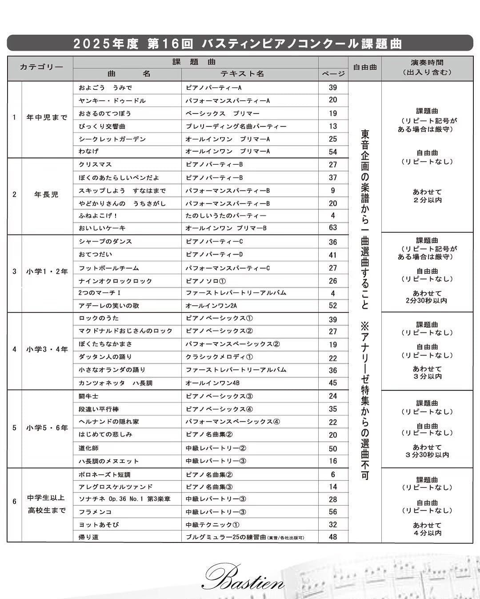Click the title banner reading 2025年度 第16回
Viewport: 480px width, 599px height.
point(240,44)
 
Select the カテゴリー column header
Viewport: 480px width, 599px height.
point(41,68)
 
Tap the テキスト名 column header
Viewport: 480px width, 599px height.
point(242,74)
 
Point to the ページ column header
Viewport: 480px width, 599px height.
point(333,74)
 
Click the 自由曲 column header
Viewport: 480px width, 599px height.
point(364,68)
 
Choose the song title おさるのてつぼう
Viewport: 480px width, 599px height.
point(105,113)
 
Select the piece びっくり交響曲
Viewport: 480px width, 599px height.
point(102,126)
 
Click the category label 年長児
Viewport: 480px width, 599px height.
point(46,194)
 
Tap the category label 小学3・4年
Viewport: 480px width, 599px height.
point(47,349)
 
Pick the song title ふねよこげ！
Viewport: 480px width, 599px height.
point(98,216)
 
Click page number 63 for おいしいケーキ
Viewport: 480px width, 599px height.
point(333,228)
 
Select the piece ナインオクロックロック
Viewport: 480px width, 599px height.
point(116,281)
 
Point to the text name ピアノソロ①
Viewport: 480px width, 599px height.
point(206,281)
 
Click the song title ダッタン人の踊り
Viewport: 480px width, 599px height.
point(105,357)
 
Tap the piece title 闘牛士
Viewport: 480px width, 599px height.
point(88,396)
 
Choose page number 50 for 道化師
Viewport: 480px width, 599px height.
point(333,449)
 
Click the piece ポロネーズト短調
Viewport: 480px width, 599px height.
point(104,475)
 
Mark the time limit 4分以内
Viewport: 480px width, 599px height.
point(427,533)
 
